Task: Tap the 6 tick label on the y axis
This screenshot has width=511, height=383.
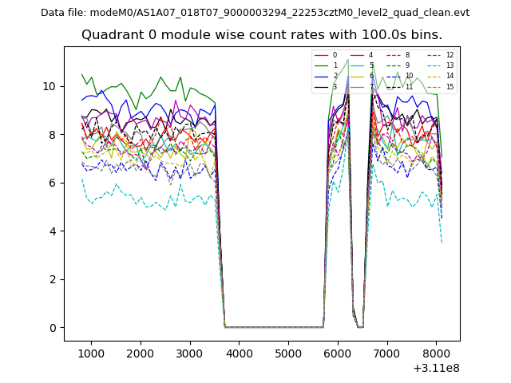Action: [52, 183]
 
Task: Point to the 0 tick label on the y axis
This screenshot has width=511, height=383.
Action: [52, 328]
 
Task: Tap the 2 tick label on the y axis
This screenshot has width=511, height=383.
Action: [52, 279]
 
